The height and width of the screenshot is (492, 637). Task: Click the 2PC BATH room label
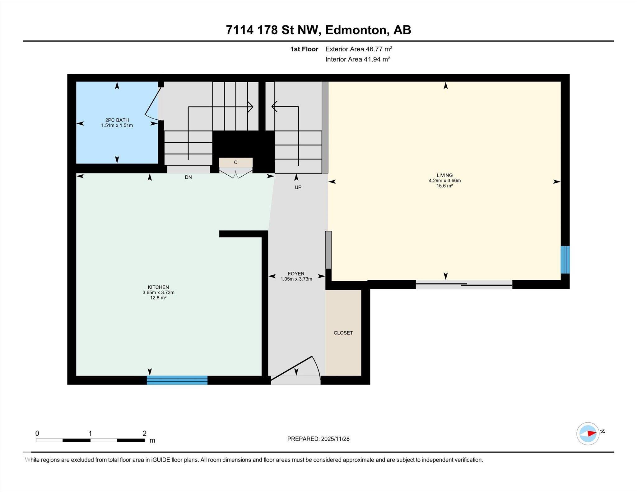117,120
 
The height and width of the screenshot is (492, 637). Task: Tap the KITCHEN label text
158,287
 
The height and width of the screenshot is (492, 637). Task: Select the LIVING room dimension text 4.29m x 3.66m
444,181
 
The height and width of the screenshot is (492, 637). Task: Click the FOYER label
296,274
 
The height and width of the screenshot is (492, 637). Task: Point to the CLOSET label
343,333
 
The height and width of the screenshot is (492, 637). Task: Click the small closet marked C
235,162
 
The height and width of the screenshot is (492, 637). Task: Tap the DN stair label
188,177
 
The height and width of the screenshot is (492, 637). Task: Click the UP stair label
298,187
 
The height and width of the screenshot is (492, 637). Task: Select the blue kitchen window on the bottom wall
177,380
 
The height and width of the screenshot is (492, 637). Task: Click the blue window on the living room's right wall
565,260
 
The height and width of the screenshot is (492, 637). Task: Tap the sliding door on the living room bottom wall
464,284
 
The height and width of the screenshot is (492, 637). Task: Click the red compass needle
591,433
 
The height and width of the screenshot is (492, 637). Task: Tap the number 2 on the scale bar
144,433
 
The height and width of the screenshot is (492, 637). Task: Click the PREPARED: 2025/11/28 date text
318,439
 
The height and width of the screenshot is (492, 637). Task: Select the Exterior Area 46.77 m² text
359,49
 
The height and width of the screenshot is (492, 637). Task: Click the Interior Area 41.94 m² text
358,59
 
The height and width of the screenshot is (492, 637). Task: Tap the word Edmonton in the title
356,30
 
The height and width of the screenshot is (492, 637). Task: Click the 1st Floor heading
304,49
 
